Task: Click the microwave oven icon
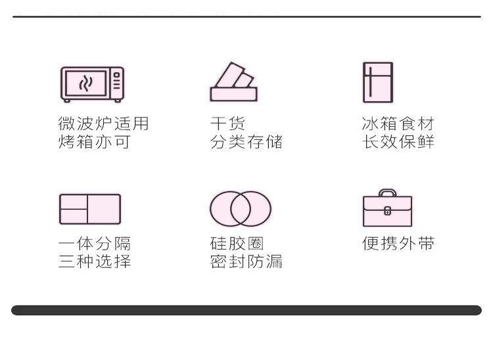pos(92,84)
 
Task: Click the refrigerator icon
pos(378,82)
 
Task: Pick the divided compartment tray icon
pos(90,209)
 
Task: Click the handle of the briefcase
pos(387,193)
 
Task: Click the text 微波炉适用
pos(103,124)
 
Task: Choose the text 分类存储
pos(246,141)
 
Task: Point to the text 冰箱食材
pos(398,124)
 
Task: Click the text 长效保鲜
pos(398,141)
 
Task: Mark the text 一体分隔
pos(94,244)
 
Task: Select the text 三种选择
pos(94,261)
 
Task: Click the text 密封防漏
pos(246,261)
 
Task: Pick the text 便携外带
pos(398,244)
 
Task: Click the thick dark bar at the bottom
pos(246,310)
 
